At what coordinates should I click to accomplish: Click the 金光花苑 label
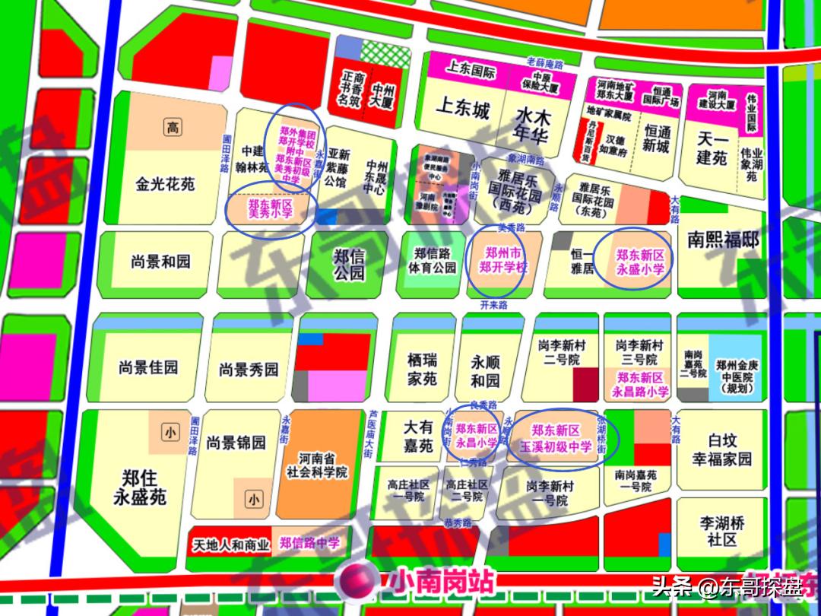(166, 184)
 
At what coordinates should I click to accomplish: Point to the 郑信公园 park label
(349, 264)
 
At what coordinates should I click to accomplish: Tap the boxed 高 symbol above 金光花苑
(173, 127)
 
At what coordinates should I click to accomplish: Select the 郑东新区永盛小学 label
(640, 262)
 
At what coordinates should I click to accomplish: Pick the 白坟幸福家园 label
(721, 449)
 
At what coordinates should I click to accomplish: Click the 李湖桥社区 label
(721, 531)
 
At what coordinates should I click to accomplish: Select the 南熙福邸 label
(723, 240)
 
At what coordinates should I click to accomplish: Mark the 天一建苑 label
(712, 148)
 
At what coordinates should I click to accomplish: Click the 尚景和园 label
(160, 262)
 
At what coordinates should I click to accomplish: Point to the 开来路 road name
(493, 305)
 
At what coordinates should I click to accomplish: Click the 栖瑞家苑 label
(421, 368)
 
